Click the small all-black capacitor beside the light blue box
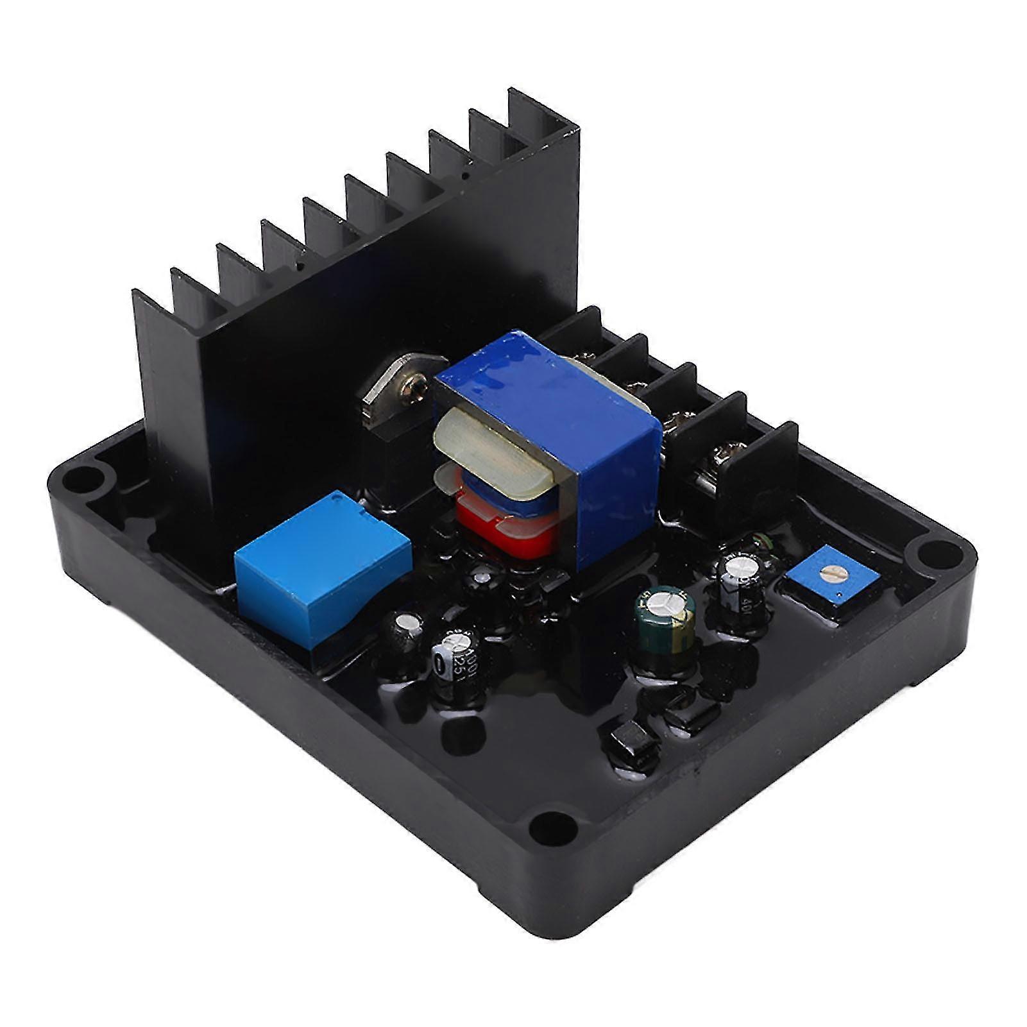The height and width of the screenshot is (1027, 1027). point(403,632)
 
